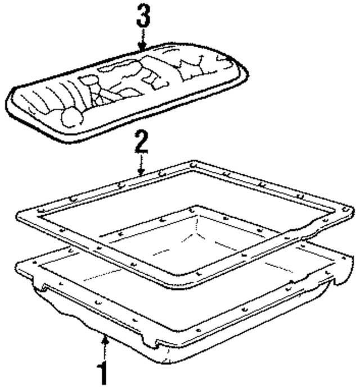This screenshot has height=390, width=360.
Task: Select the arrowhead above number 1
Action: coord(105,339)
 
